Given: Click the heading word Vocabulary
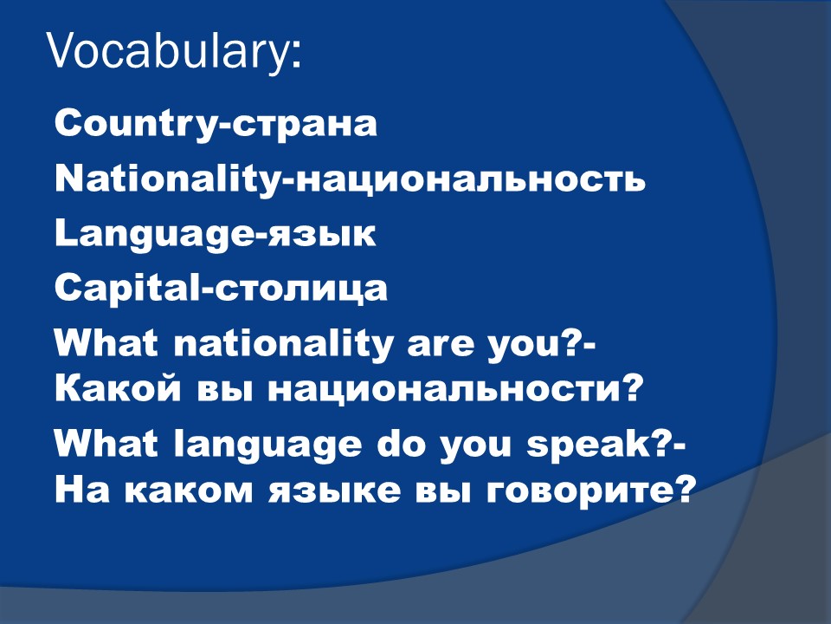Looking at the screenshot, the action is [169, 52].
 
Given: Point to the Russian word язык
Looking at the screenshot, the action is [322, 234].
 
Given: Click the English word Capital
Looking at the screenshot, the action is [126, 289].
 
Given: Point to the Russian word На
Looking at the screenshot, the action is [81, 491].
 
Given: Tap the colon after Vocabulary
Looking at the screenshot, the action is [296, 56].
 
